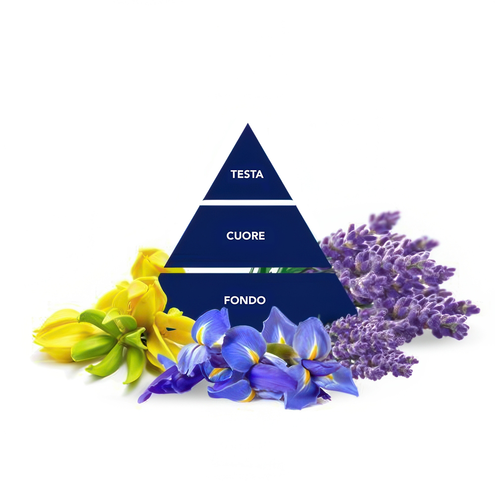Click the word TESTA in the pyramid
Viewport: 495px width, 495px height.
[x=247, y=174]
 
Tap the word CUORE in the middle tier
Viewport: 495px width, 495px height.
[x=246, y=236]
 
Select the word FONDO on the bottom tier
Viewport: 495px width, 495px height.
[x=245, y=300]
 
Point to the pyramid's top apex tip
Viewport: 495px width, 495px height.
[x=247, y=125]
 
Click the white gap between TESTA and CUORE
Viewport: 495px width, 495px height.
[x=247, y=202]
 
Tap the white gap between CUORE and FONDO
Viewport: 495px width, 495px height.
[x=208, y=270]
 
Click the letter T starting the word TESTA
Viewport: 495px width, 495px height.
[x=233, y=174]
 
